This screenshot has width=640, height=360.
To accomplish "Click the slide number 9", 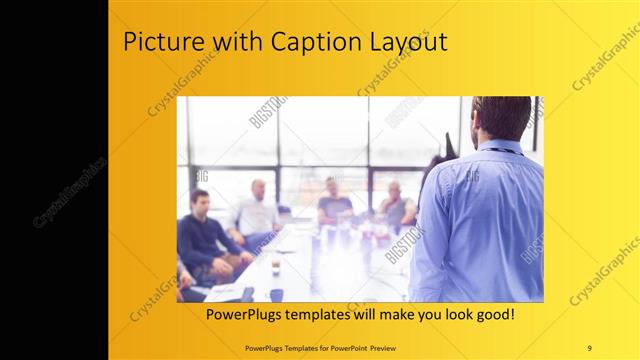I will tap(589, 347).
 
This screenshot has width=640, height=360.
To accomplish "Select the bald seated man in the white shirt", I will tap(256, 213).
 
